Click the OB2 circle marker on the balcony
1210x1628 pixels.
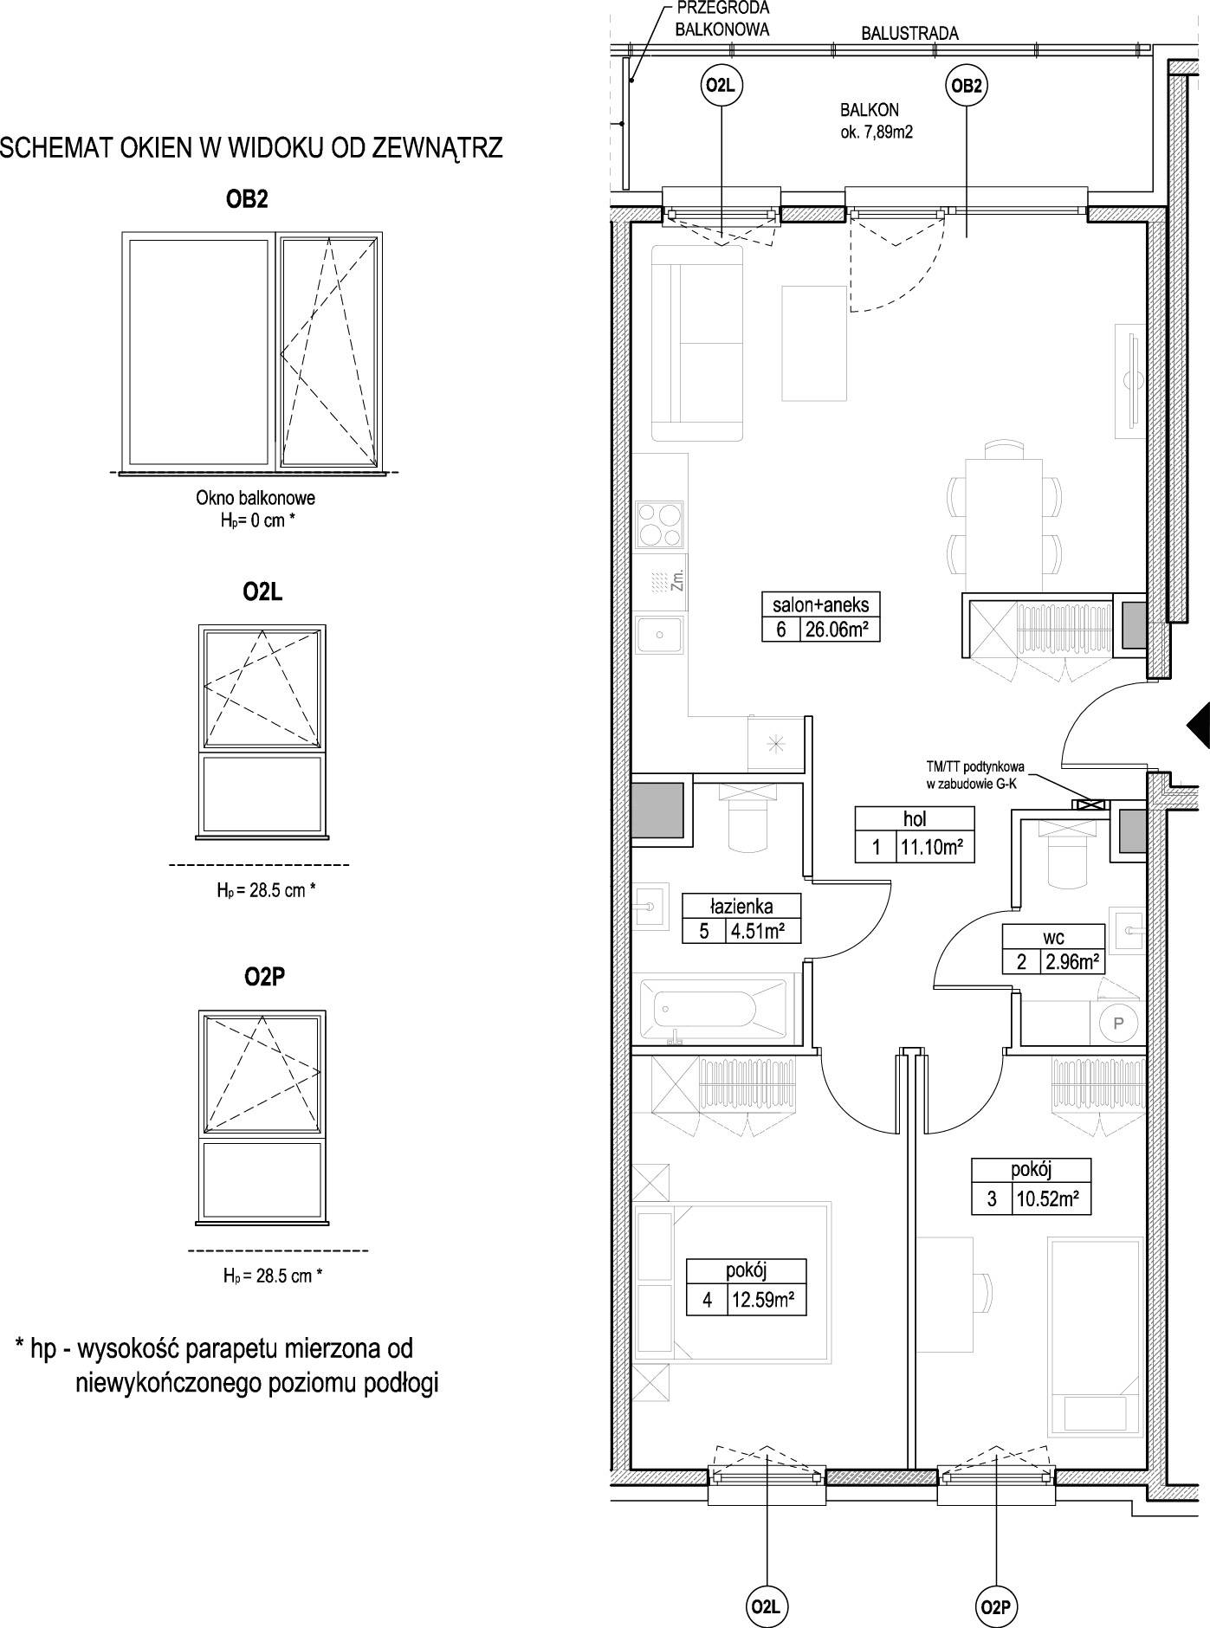click(967, 85)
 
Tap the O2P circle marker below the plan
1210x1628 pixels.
click(995, 1607)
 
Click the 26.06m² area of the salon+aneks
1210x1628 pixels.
click(836, 630)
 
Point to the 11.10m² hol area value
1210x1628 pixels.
click(931, 848)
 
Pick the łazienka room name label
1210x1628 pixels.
click(741, 907)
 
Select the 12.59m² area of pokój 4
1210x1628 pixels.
click(762, 1301)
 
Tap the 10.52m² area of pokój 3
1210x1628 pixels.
click(1047, 1200)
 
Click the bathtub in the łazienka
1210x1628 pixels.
click(713, 1011)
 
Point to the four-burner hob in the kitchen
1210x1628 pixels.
click(661, 524)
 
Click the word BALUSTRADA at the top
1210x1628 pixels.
click(909, 34)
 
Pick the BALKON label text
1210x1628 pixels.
click(869, 111)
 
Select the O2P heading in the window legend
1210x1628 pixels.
click(264, 977)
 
